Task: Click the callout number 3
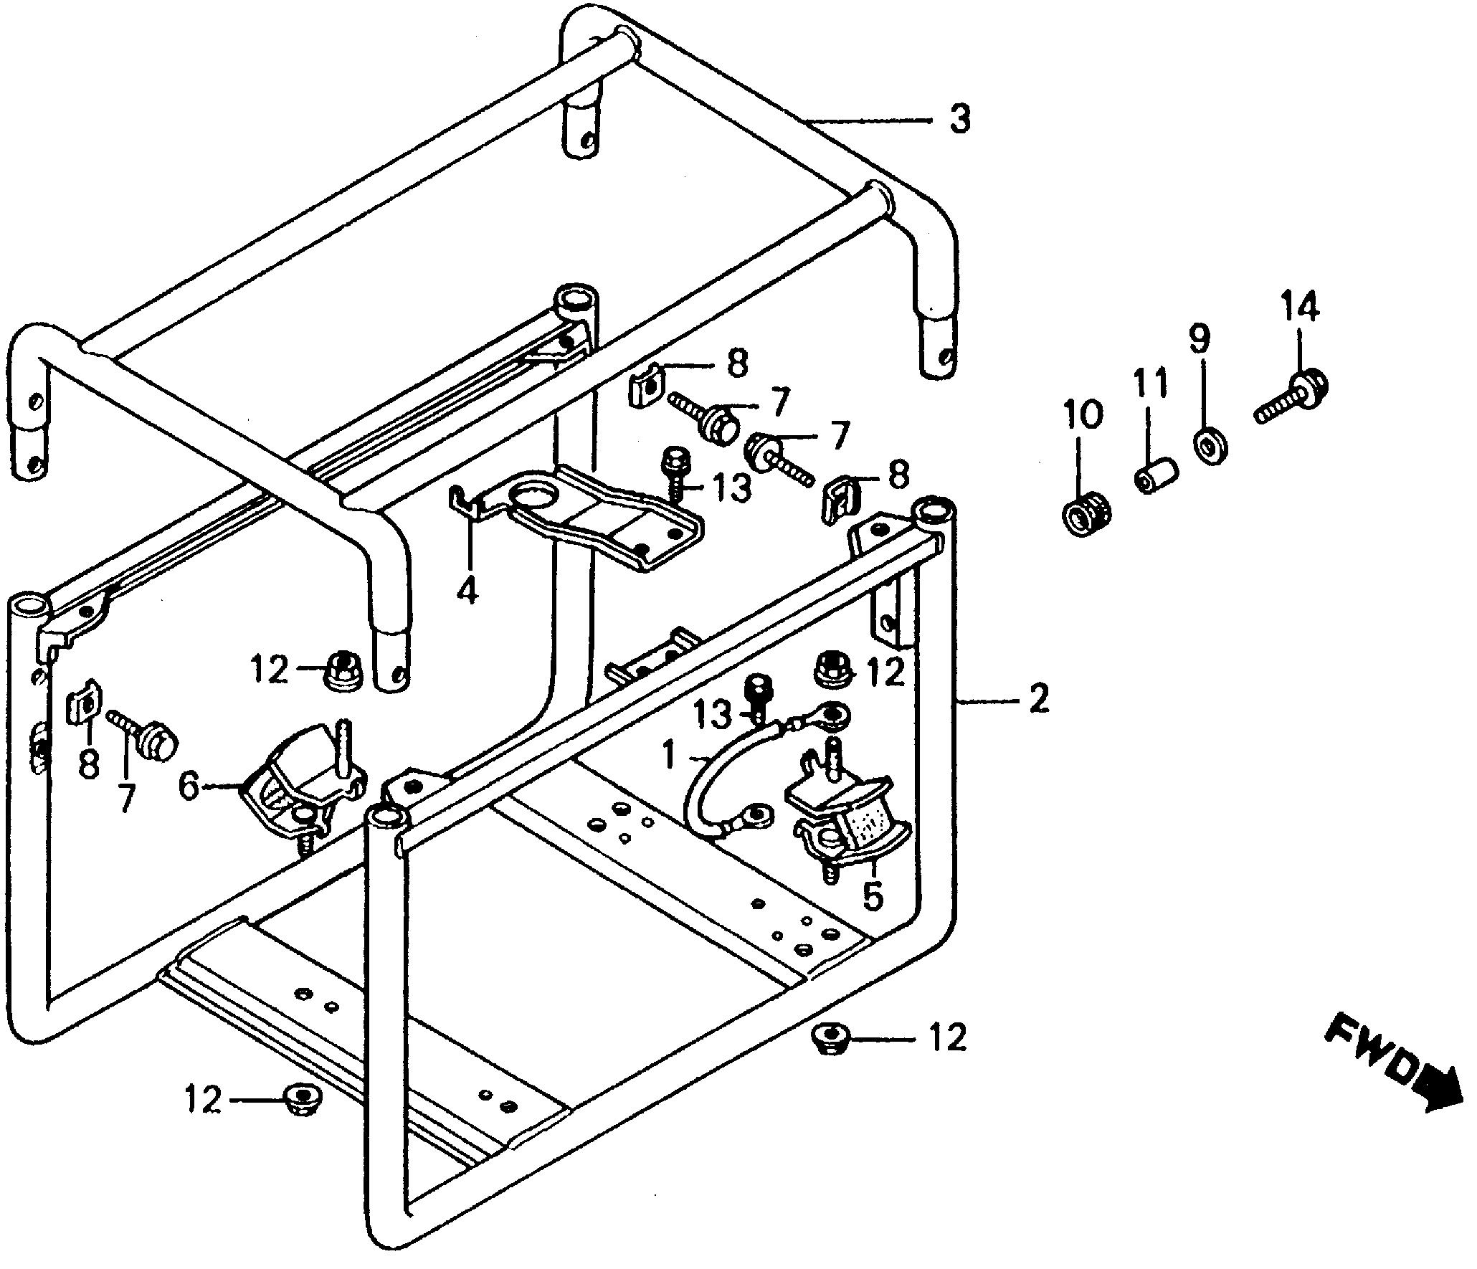click(x=959, y=119)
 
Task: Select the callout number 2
click(x=1038, y=698)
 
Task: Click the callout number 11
click(x=1150, y=384)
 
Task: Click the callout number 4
click(x=467, y=589)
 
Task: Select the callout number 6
click(x=188, y=786)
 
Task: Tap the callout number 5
click(x=872, y=895)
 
